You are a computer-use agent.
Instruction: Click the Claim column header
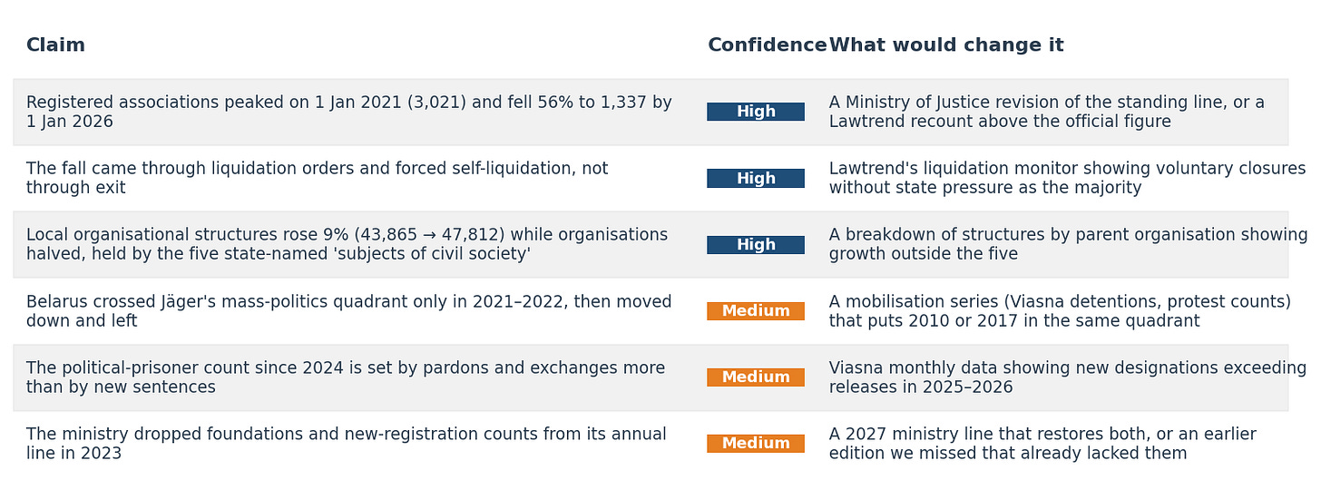(x=55, y=44)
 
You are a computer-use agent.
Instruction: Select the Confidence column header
(x=768, y=44)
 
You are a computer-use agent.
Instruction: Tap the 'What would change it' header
(x=946, y=44)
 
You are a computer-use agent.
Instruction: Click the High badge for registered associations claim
(x=756, y=112)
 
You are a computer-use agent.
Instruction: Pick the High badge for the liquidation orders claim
(x=756, y=178)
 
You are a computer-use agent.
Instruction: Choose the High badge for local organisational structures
(x=756, y=245)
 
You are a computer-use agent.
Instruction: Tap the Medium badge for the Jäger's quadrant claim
(x=756, y=310)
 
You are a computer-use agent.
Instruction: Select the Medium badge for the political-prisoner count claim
(x=756, y=377)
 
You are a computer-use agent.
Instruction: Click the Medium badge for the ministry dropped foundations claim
(x=756, y=444)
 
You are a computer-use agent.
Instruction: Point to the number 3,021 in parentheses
(x=436, y=103)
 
